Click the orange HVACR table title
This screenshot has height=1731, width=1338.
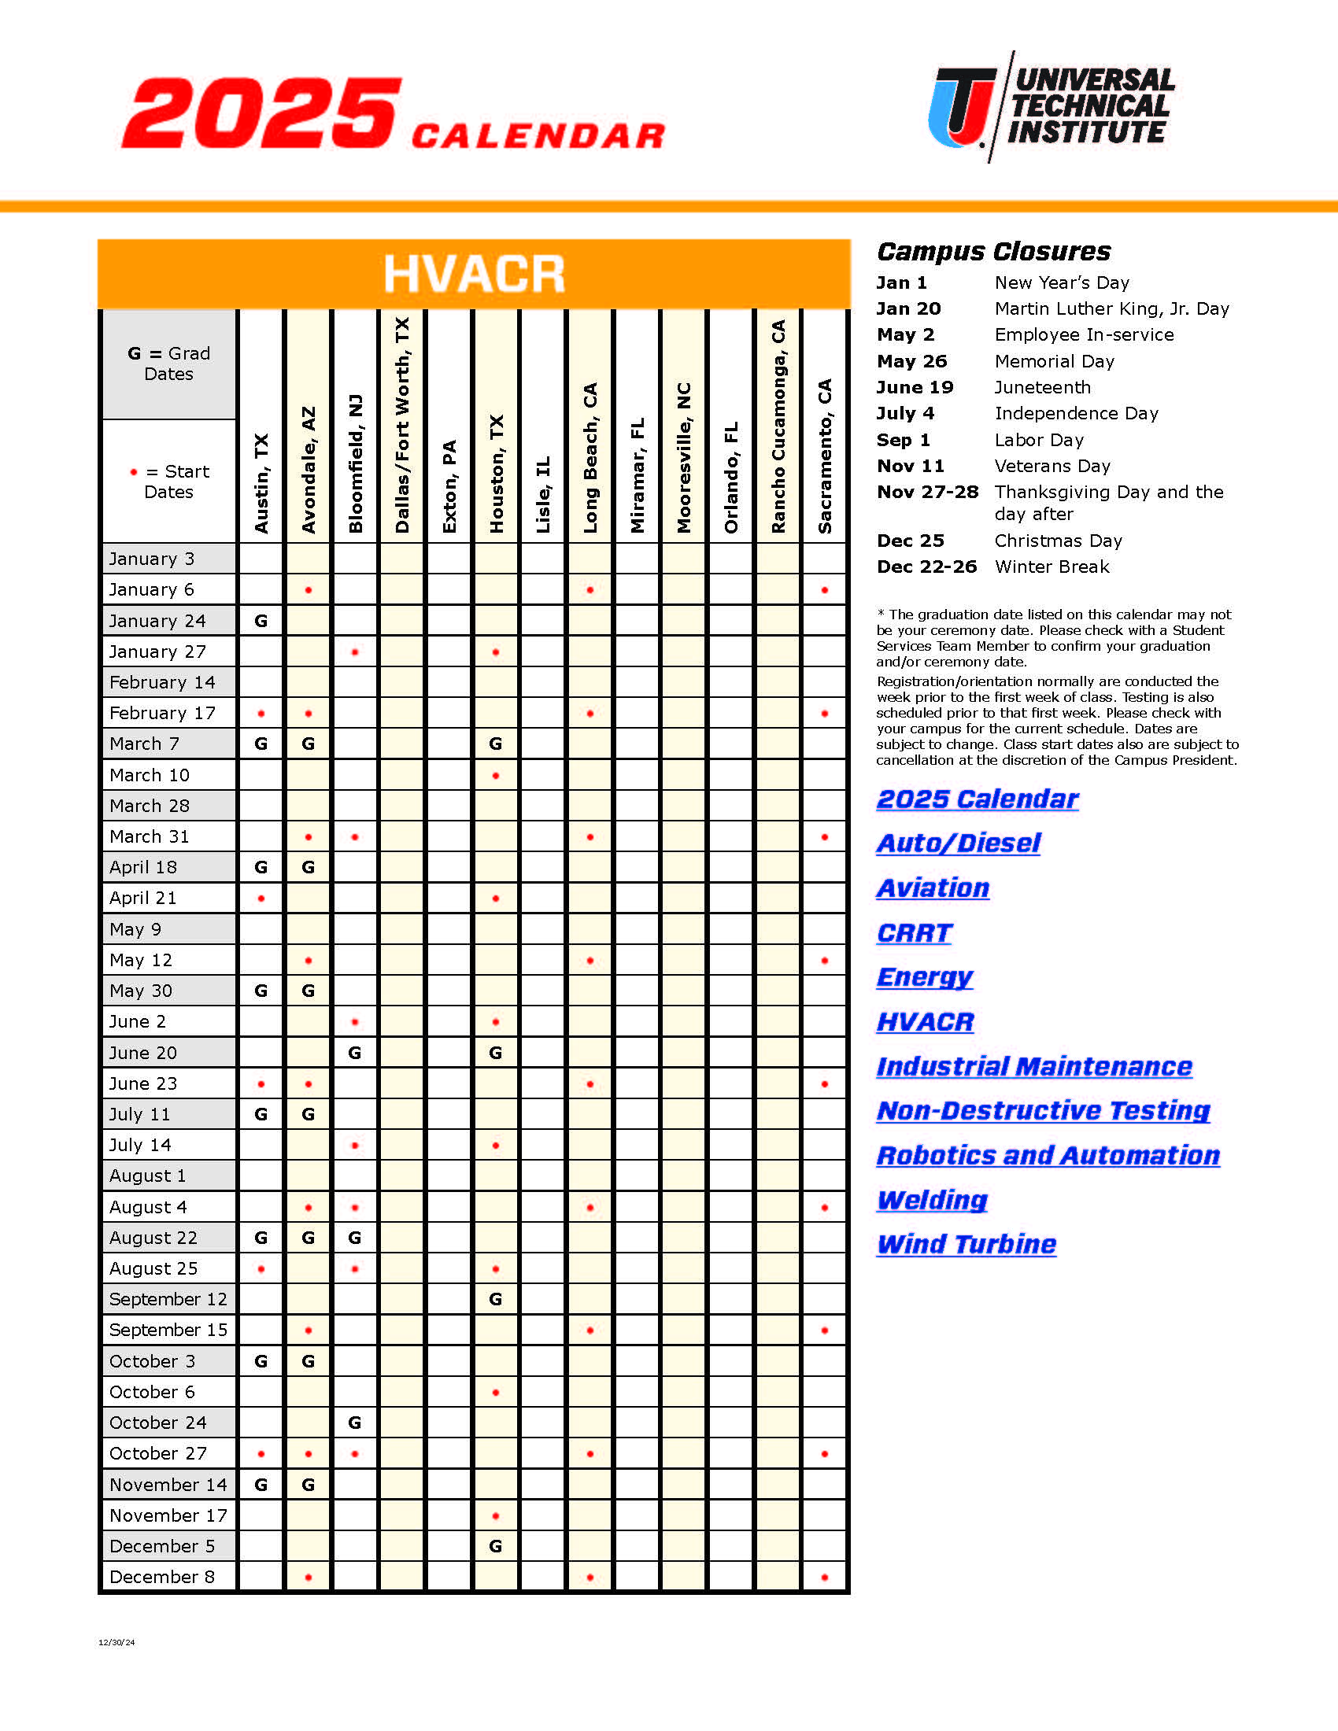(474, 275)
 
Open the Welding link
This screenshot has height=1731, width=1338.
(932, 1200)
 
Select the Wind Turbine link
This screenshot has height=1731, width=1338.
(967, 1245)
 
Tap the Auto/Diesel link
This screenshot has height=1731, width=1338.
(959, 843)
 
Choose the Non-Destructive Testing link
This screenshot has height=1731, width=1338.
(1043, 1111)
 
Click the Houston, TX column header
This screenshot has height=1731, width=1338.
(496, 473)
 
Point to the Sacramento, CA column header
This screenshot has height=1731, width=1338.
(825, 456)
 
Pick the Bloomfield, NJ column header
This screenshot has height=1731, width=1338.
(355, 463)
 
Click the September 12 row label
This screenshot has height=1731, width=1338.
(168, 1300)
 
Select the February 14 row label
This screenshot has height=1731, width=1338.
(162, 682)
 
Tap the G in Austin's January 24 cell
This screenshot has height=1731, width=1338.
(261, 622)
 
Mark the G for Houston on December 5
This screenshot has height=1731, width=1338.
(496, 1546)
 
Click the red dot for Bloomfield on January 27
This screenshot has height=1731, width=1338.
(355, 652)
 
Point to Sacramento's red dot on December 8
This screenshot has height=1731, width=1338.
(825, 1578)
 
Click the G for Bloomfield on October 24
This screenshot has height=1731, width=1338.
(355, 1423)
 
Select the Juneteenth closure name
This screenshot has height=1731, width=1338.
(1042, 388)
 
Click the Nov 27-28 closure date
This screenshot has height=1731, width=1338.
(927, 493)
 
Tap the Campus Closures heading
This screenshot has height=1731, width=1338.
(993, 252)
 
